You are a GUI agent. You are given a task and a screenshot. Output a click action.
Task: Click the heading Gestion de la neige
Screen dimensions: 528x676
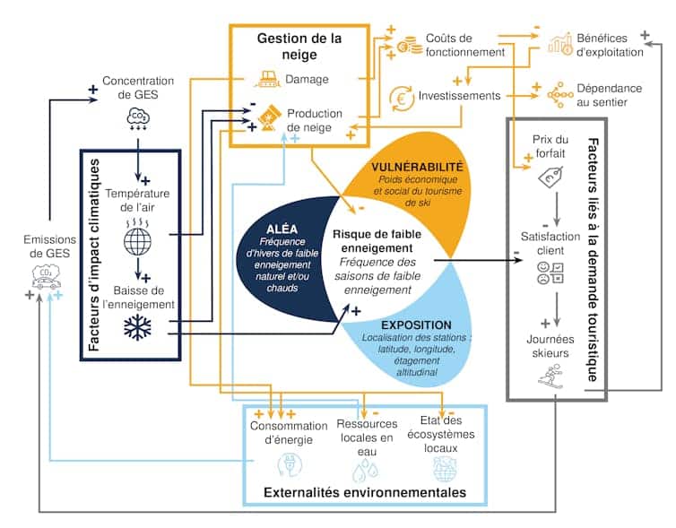[x=299, y=47]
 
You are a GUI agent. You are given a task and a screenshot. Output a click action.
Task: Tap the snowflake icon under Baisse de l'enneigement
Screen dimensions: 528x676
[x=139, y=328]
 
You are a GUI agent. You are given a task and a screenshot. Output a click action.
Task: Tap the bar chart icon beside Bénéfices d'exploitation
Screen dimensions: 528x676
[x=562, y=42]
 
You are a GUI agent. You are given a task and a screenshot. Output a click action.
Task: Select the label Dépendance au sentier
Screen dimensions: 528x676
[x=610, y=95]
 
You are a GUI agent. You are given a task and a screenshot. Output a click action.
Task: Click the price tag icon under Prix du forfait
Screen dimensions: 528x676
[x=550, y=182]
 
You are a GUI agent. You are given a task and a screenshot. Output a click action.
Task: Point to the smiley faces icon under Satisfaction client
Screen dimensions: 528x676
[x=550, y=273]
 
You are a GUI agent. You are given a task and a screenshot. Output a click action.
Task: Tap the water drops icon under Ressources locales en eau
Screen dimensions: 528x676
[x=366, y=467]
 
